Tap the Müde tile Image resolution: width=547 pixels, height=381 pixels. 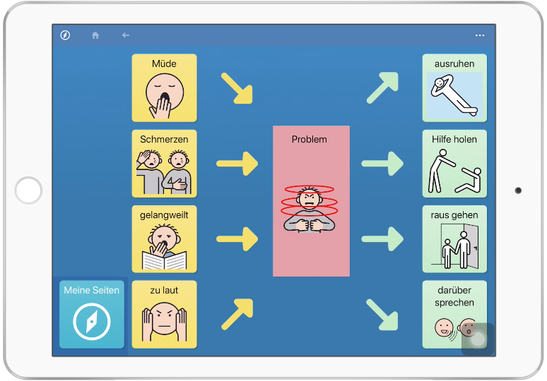pyautogui.click(x=164, y=87)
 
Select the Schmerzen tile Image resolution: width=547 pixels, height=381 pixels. pyautogui.click(x=164, y=164)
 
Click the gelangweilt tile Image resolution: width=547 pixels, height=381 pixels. pyautogui.click(x=164, y=239)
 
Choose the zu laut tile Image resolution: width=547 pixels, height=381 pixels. pyautogui.click(x=164, y=315)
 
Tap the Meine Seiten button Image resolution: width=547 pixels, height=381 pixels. pyautogui.click(x=92, y=315)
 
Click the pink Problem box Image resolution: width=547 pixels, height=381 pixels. pyautogui.click(x=311, y=201)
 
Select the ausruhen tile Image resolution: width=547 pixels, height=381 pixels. pyautogui.click(x=454, y=87)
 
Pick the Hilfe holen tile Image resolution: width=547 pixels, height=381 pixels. pyautogui.click(x=454, y=164)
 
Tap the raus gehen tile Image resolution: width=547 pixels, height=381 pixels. pyautogui.click(x=454, y=239)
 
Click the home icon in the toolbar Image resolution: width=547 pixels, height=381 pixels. pyautogui.click(x=95, y=35)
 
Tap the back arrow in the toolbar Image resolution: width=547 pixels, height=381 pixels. pyautogui.click(x=126, y=35)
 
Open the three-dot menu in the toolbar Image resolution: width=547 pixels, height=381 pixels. pyautogui.click(x=480, y=35)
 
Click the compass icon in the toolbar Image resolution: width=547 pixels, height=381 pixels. pyautogui.click(x=65, y=35)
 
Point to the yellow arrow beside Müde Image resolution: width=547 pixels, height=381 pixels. pyautogui.click(x=237, y=89)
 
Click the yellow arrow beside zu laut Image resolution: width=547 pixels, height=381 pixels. pyautogui.click(x=237, y=313)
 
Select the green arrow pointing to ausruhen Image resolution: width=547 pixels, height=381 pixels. pyautogui.click(x=382, y=87)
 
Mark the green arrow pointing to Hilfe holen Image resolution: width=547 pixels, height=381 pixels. pyautogui.click(x=383, y=163)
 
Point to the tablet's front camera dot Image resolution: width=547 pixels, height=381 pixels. pyautogui.click(x=518, y=190)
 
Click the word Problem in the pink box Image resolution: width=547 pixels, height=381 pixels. pyautogui.click(x=310, y=139)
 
